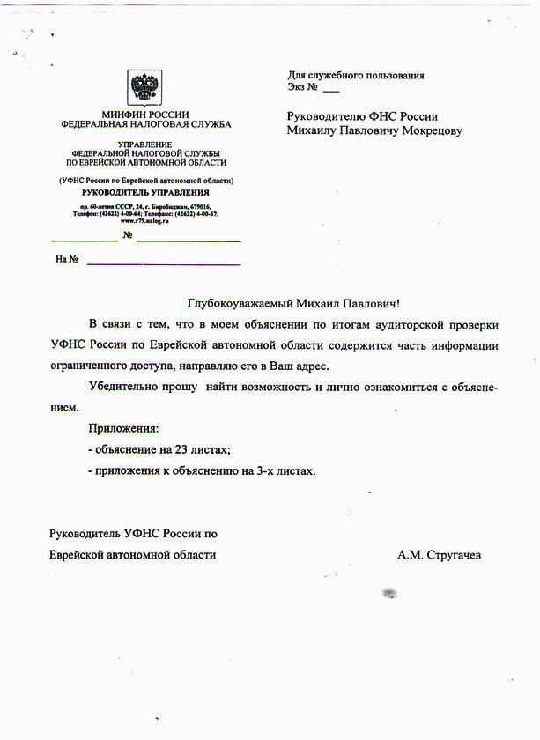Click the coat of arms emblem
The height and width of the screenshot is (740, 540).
[146, 89]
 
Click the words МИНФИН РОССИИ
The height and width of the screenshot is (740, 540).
[145, 115]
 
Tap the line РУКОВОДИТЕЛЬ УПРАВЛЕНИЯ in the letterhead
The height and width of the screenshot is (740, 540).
[145, 192]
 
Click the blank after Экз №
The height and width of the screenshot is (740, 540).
[330, 90]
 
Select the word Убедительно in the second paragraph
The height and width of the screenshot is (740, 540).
[124, 388]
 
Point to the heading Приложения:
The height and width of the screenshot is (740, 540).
[123, 429]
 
